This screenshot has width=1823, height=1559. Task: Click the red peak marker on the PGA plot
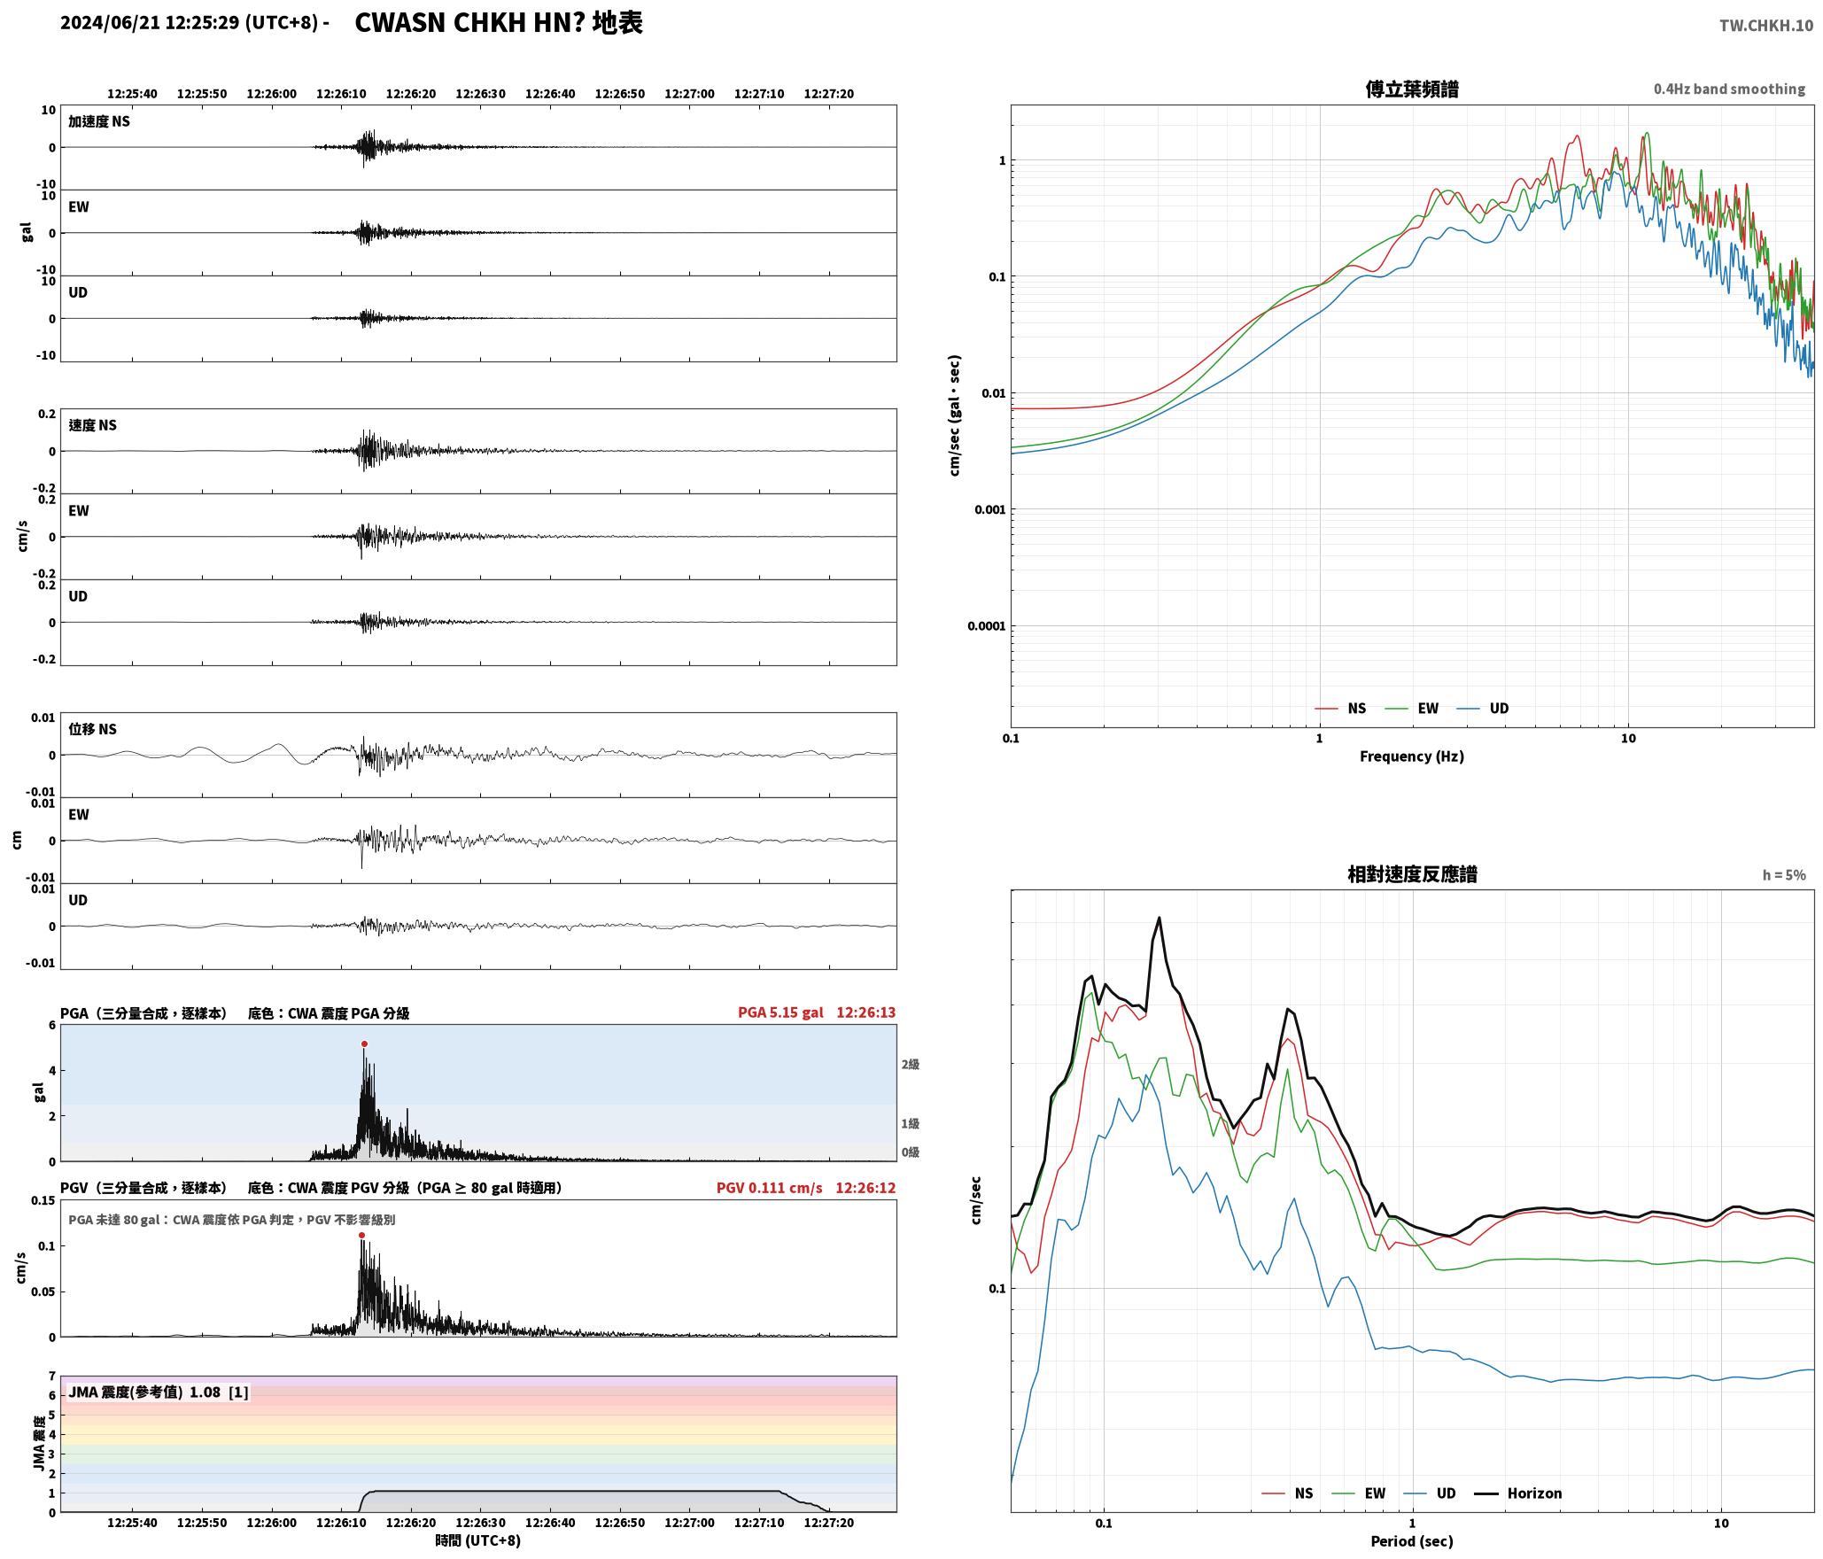pyautogui.click(x=364, y=1044)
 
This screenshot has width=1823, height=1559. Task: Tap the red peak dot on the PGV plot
pyautogui.click(x=361, y=1236)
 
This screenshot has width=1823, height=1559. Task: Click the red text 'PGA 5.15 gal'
pyautogui.click(x=780, y=1012)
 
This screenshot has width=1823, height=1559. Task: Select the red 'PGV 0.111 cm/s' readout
pyautogui.click(x=769, y=1188)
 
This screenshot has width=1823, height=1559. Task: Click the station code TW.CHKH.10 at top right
pyautogui.click(x=1766, y=26)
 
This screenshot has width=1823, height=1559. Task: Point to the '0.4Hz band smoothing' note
pyautogui.click(x=1729, y=89)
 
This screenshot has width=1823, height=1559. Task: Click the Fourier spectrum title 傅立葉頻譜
pyautogui.click(x=1412, y=89)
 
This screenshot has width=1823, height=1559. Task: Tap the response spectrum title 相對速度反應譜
pyautogui.click(x=1412, y=874)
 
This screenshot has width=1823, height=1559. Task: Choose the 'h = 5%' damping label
pyautogui.click(x=1784, y=875)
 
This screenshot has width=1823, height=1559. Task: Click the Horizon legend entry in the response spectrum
pyautogui.click(x=1518, y=1493)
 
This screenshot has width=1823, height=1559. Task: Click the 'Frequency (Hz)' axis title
pyautogui.click(x=1412, y=756)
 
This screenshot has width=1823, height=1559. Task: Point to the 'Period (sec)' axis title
pyautogui.click(x=1412, y=1541)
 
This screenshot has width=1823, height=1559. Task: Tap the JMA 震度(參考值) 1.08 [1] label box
pyautogui.click(x=159, y=1392)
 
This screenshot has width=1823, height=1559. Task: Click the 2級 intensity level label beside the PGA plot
pyautogui.click(x=911, y=1065)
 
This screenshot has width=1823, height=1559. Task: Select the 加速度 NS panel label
pyautogui.click(x=99, y=121)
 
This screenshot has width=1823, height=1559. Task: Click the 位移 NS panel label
pyautogui.click(x=93, y=729)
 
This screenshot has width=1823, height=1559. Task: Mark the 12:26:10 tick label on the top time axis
pyautogui.click(x=341, y=94)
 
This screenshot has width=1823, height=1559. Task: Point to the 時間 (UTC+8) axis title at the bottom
pyautogui.click(x=478, y=1540)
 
